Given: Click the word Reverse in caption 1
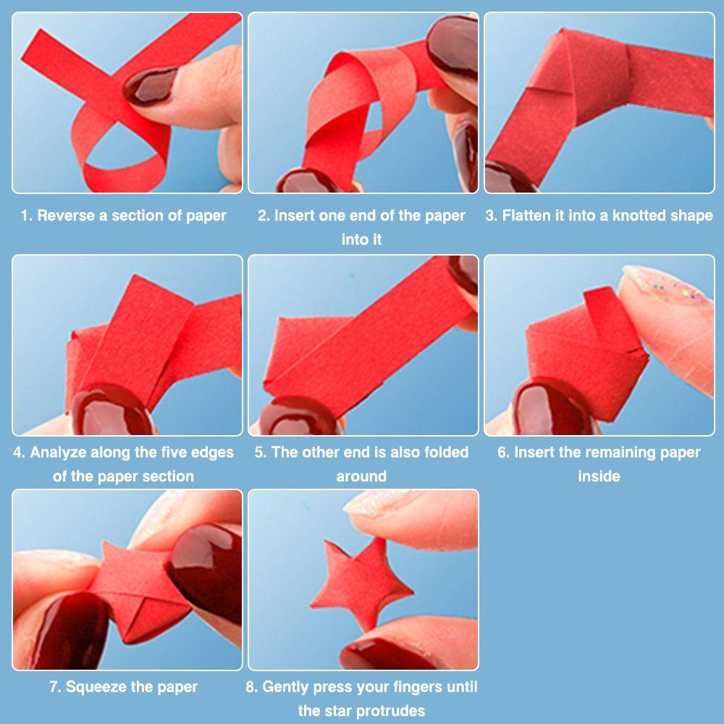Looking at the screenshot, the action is tap(67, 216).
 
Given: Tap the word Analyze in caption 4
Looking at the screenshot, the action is tap(58, 452).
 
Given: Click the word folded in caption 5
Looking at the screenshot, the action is tap(446, 452).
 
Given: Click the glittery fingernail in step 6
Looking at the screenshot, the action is tap(665, 286).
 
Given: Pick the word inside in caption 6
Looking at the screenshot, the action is tap(599, 476).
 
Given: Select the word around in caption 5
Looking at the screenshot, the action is tap(361, 476).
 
